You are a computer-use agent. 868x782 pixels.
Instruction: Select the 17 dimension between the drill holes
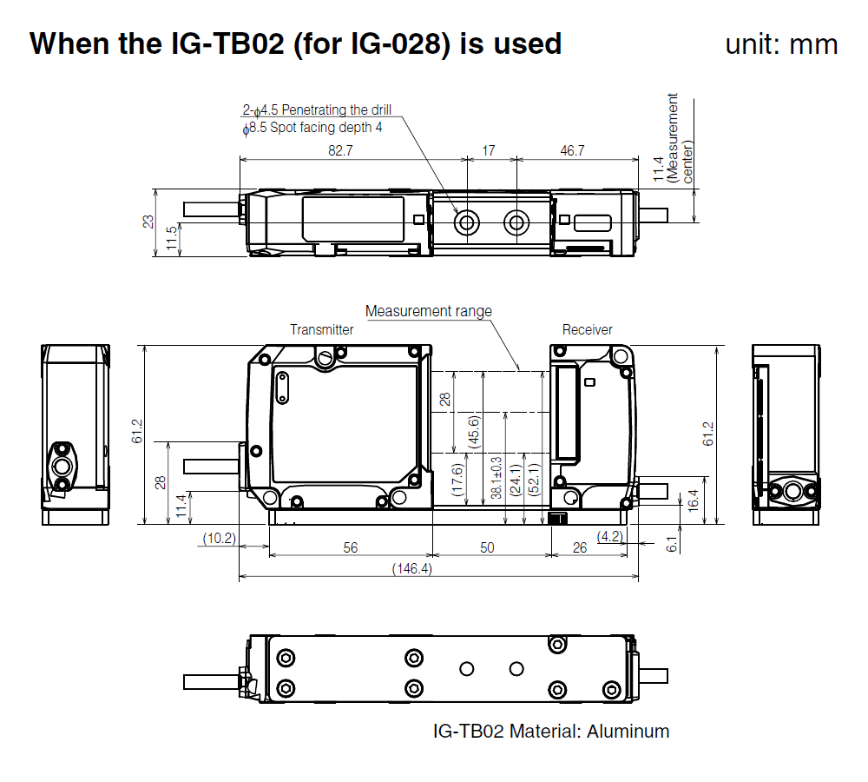489,150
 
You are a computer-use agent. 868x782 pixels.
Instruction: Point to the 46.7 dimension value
572,150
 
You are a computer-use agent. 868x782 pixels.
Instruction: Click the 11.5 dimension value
172,239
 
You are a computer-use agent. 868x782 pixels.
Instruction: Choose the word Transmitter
322,329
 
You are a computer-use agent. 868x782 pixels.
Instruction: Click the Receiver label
587,329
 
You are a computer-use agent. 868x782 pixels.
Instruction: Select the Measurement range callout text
428,311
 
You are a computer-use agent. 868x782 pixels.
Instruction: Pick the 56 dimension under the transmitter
350,547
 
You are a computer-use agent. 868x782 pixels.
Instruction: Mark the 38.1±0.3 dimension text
495,477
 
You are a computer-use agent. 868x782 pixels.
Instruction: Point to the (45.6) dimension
475,427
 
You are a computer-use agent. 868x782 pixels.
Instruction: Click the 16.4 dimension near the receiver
693,499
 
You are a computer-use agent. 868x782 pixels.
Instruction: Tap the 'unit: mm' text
781,44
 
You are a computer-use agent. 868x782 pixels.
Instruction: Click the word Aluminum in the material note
628,731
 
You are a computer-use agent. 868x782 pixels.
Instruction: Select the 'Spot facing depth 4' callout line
312,127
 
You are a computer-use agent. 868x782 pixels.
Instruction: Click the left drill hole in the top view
467,223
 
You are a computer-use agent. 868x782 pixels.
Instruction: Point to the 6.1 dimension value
671,544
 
